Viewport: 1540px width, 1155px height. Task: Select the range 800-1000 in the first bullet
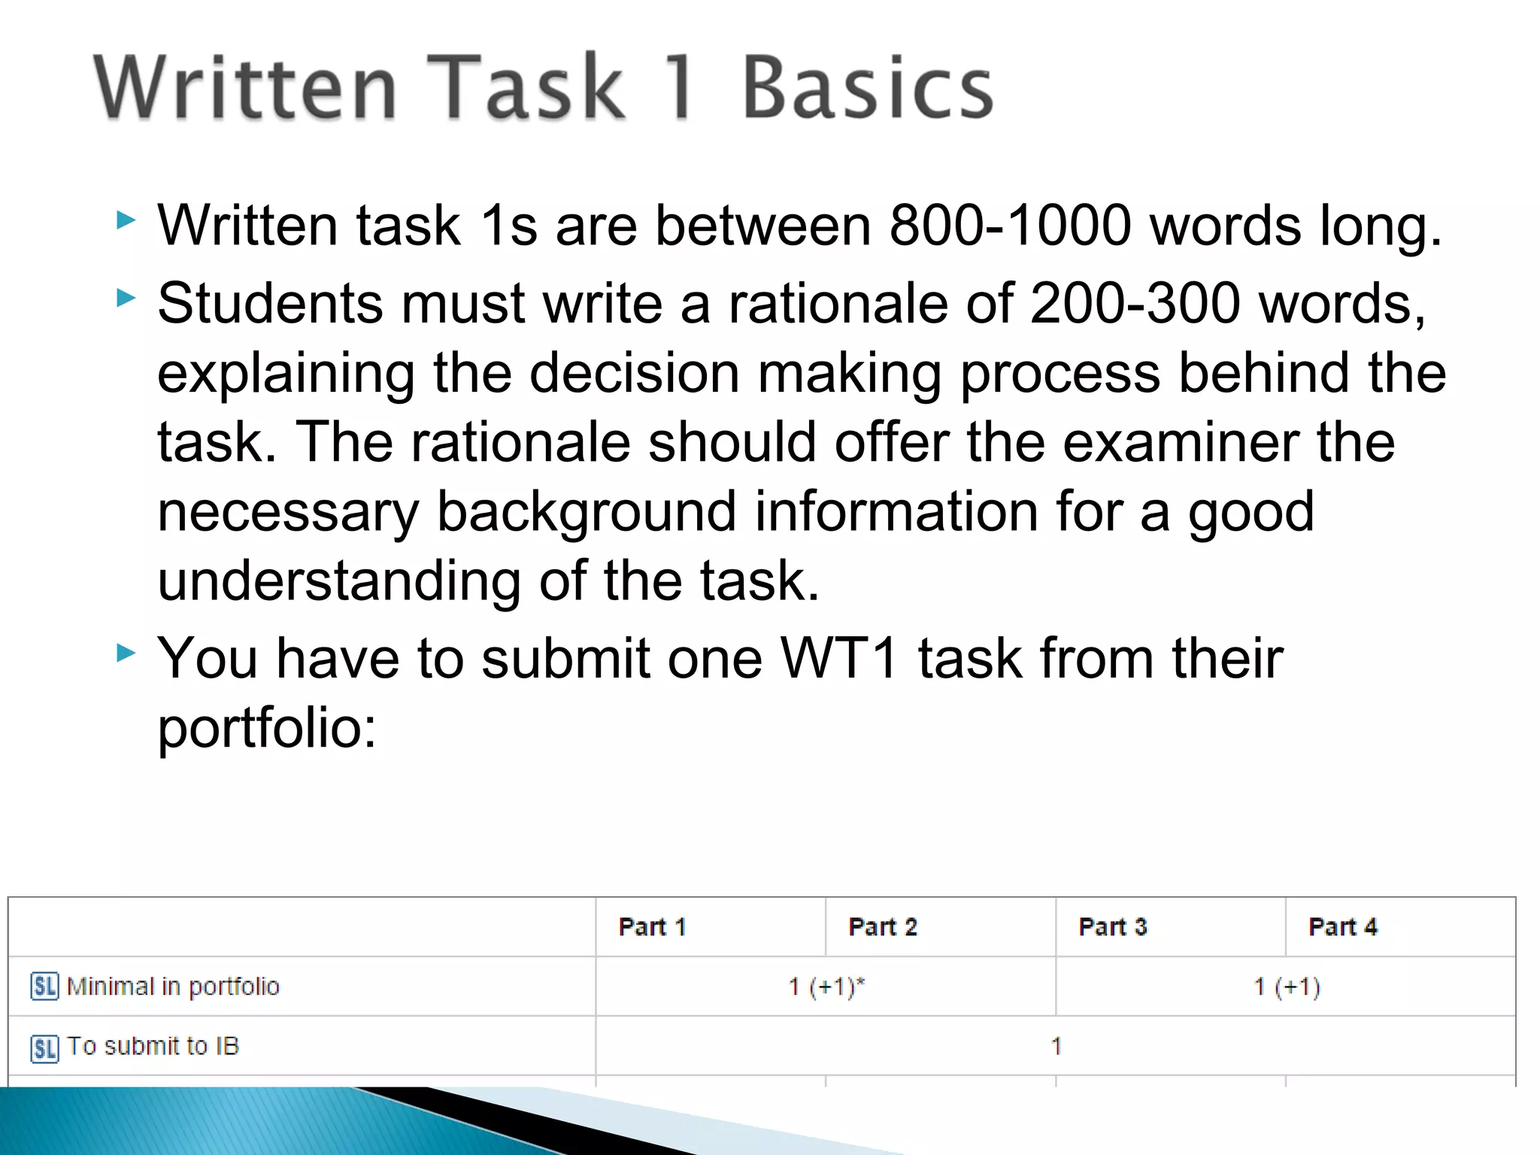(x=1010, y=226)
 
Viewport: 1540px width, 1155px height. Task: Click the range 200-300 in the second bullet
(x=1135, y=304)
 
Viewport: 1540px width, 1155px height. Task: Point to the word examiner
(x=1181, y=442)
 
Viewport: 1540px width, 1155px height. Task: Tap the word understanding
(x=339, y=581)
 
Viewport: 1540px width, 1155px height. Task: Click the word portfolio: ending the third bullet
(x=267, y=728)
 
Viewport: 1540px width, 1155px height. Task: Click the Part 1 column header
(x=652, y=927)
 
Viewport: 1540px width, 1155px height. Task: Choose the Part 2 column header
(x=883, y=927)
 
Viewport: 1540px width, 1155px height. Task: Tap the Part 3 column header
(x=1113, y=927)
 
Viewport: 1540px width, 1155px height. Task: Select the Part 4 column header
(x=1343, y=927)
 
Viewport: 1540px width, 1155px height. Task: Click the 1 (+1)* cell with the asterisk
(x=826, y=987)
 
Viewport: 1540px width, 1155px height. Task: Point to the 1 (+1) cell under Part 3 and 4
(x=1287, y=987)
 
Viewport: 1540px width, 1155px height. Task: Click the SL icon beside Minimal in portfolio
(x=44, y=987)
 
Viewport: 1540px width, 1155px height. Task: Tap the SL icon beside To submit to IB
(x=44, y=1047)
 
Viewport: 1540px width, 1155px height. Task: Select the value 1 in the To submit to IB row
(x=1056, y=1047)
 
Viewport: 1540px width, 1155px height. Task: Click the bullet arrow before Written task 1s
(x=126, y=221)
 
